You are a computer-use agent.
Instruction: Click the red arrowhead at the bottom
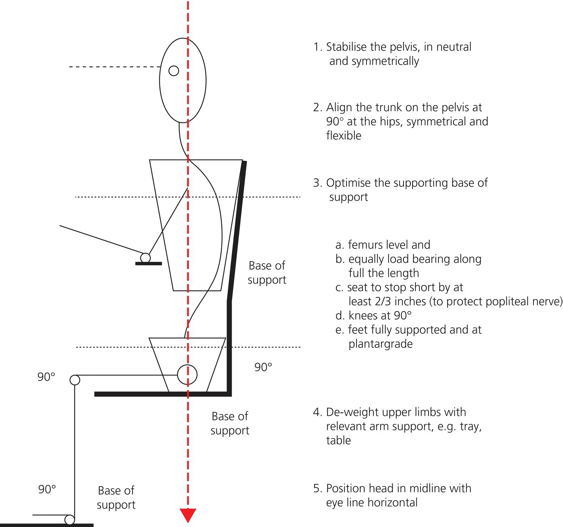point(188,515)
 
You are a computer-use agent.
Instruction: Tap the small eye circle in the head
point(174,71)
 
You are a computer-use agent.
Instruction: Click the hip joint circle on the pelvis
point(187,375)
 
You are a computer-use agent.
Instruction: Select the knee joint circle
point(75,380)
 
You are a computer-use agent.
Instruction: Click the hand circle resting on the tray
point(145,257)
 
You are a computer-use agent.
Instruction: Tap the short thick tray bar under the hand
point(148,263)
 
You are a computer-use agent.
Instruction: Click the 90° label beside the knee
point(47,377)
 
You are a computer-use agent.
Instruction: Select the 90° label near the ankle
point(47,489)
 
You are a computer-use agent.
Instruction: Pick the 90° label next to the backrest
point(263,367)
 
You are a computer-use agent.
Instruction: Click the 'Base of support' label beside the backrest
point(267,273)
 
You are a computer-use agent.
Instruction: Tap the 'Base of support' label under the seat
point(230,423)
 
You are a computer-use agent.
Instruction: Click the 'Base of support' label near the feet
point(116,497)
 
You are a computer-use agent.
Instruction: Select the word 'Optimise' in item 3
point(348,183)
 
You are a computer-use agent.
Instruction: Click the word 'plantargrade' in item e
point(381,344)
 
